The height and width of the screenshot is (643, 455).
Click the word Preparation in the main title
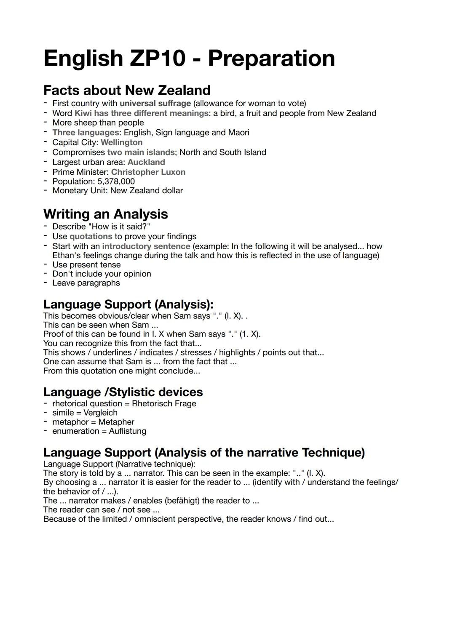point(271,59)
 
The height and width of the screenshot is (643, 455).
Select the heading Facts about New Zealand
point(127,90)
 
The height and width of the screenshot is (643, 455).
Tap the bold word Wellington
point(121,142)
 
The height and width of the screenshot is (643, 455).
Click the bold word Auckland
point(146,162)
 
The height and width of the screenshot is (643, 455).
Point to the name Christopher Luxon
point(148,172)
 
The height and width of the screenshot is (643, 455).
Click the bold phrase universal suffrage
point(155,103)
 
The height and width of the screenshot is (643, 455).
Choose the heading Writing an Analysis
point(105,214)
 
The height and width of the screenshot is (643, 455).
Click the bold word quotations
point(91,236)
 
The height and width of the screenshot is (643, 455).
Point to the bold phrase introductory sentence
point(146,246)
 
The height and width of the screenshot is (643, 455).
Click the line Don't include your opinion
point(102,274)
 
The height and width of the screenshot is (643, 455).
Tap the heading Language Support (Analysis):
point(128,304)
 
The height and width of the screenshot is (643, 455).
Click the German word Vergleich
point(100,413)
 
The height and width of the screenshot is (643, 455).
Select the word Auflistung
point(127,431)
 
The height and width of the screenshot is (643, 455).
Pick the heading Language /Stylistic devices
point(123,392)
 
